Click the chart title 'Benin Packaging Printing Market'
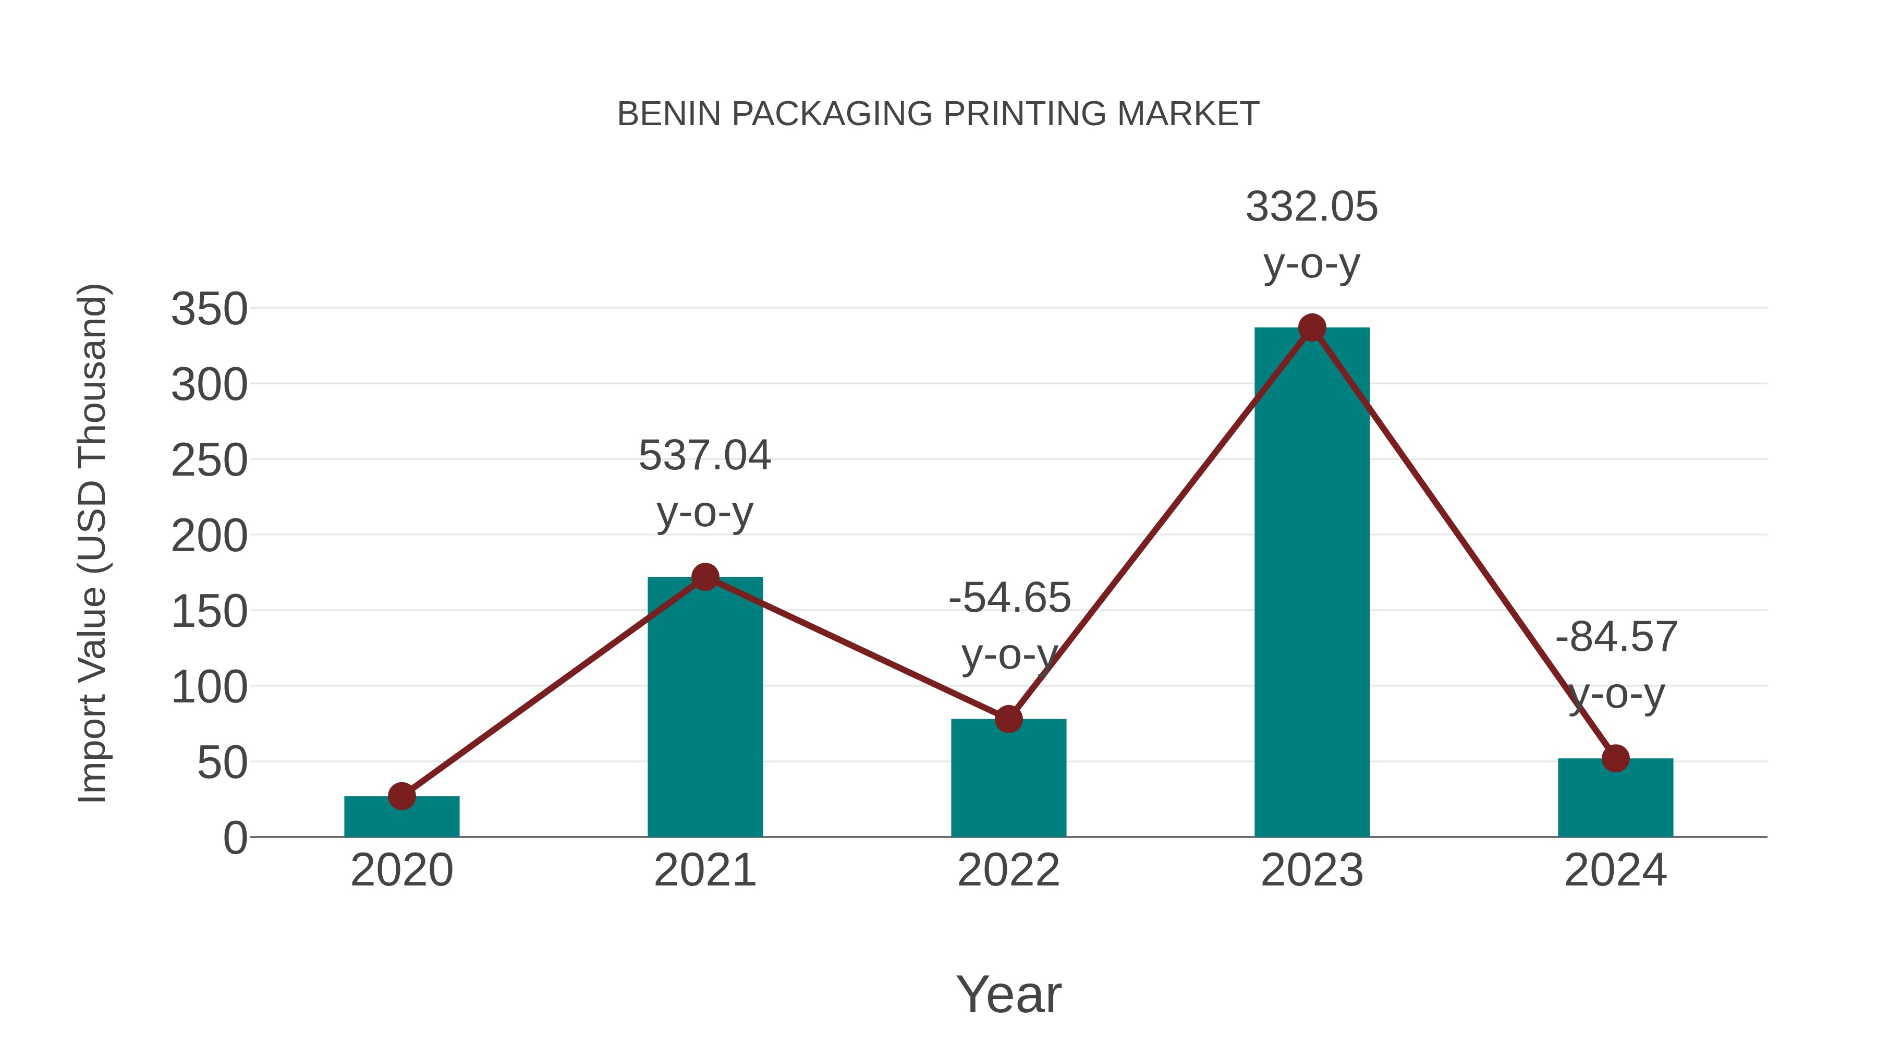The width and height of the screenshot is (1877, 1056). coord(938,114)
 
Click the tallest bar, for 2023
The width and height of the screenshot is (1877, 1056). coord(1312,583)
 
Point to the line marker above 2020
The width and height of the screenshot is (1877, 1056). coord(401,796)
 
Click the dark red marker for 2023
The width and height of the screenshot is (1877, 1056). coord(1312,328)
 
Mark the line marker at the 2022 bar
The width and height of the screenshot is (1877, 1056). coord(1008,719)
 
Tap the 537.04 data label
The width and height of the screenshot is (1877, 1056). coord(704,456)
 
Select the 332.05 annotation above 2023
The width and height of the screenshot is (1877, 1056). coord(1312,207)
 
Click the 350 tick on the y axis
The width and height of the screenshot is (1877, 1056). coord(209,309)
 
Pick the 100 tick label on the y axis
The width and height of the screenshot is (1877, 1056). coord(209,687)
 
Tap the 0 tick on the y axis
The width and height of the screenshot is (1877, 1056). coord(235,838)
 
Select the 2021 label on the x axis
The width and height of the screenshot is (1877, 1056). coord(704,871)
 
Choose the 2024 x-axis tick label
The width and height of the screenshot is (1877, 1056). coord(1615,871)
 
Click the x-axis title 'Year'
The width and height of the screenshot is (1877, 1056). coord(1008,995)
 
